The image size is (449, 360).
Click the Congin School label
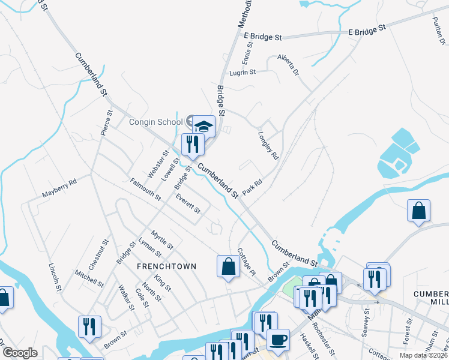(x=156, y=122)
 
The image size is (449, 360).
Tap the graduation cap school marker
(x=203, y=126)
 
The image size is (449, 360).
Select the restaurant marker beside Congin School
(x=193, y=145)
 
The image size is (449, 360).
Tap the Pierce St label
(x=106, y=122)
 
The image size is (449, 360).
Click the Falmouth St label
(x=145, y=189)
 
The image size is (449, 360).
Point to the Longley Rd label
(x=268, y=145)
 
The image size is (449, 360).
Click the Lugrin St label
(x=243, y=72)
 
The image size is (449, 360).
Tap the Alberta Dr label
(x=287, y=64)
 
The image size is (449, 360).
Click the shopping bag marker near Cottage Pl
(x=229, y=266)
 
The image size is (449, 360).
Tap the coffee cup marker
(x=278, y=340)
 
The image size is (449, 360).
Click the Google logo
(x=20, y=353)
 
